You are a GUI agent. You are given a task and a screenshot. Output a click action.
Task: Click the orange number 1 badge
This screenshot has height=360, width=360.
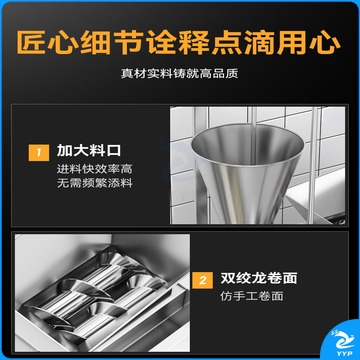pos(39,153)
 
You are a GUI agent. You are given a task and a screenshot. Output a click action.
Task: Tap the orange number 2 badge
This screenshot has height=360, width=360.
pos(203,280)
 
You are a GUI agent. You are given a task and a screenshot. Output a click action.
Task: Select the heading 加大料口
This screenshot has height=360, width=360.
pos(89,151)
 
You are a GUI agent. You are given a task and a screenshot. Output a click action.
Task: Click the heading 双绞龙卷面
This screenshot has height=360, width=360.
pos(259,279)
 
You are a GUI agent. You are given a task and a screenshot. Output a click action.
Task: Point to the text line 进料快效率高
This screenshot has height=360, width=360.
pos(95,169)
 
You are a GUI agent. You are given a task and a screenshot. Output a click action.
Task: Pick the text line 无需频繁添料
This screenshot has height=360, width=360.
pos(95,183)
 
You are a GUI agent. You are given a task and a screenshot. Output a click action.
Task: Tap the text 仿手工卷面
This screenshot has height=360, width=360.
pos(252,296)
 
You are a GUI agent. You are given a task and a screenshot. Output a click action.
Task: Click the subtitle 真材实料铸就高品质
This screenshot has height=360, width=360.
pos(180,74)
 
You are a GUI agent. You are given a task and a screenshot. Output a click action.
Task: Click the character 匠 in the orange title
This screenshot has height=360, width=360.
pos(31,43)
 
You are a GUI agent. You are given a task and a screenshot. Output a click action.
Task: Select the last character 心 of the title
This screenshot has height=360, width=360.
pos(326,43)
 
